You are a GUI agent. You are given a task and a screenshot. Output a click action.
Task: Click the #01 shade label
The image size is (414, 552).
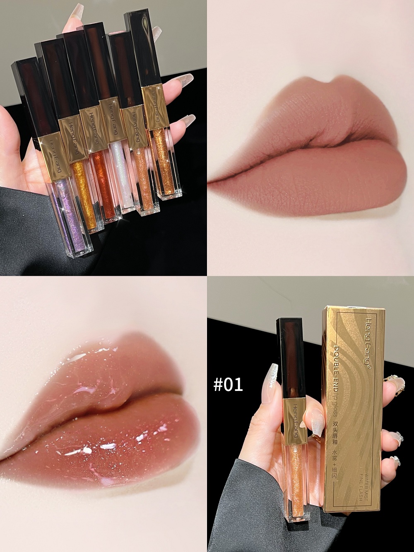(x=228, y=384)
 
